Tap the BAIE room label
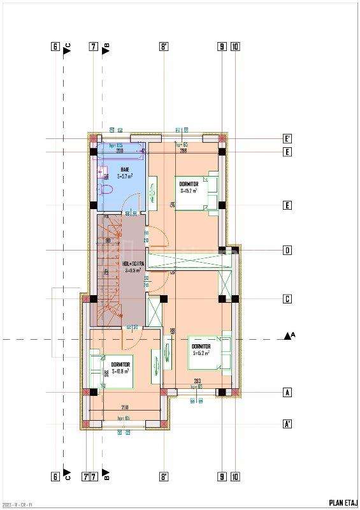(124, 170)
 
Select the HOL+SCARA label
(133, 263)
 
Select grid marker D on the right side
(287, 251)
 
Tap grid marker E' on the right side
(287, 138)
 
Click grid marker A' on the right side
(287, 424)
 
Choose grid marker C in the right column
(287, 299)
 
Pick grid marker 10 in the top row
(235, 47)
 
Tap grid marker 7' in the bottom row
(85, 476)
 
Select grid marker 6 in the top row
(55, 47)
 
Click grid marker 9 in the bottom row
(221, 476)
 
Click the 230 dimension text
(125, 407)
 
